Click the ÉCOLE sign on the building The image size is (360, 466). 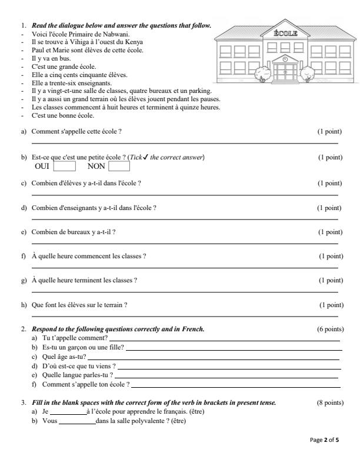click(286, 34)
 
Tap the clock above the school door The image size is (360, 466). click(285, 59)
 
